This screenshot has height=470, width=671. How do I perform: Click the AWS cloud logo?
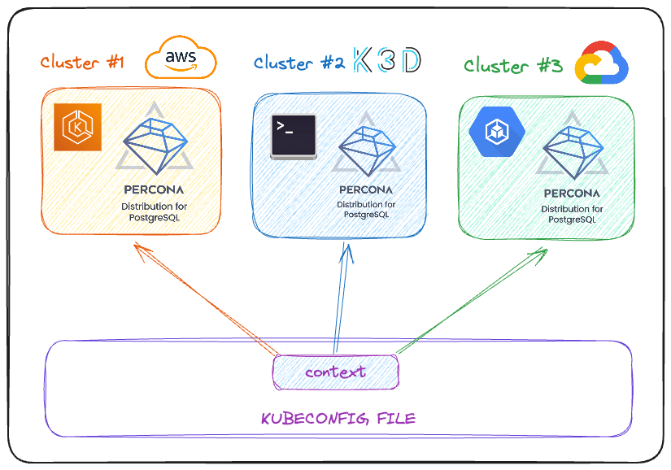181,59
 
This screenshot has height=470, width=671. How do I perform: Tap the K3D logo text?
387,61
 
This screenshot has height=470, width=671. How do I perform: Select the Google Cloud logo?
602,62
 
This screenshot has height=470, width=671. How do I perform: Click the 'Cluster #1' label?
82,63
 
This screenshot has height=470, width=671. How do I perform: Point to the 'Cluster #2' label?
298,63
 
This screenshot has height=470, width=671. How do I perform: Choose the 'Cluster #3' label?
512,66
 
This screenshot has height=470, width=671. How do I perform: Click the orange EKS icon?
77,128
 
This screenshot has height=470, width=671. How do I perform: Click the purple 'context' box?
336,372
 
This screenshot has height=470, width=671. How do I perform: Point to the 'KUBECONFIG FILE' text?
338,419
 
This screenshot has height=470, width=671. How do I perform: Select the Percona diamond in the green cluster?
572,149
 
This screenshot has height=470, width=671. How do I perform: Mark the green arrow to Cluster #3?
472,301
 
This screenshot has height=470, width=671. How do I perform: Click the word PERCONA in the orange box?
154,190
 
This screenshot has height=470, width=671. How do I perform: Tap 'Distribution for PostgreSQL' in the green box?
572,215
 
